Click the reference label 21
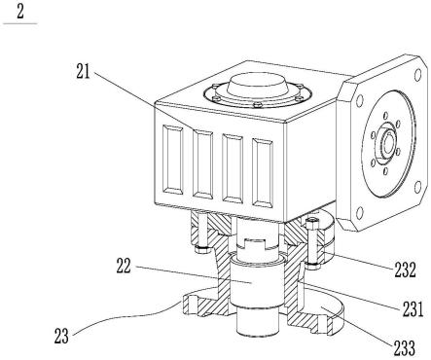coord(83,72)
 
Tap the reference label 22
coord(124,266)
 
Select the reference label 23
coord(61,336)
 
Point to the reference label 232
coord(405,269)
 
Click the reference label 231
coord(413,308)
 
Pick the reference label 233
coord(405,347)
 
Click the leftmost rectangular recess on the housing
coord(172,160)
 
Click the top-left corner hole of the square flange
coord(359,101)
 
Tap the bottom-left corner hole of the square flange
coord(359,212)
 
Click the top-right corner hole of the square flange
coord(417,75)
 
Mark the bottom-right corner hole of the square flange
coord(417,187)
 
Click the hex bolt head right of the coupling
coord(312,224)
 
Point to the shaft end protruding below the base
coord(255,323)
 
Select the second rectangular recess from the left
coord(203,164)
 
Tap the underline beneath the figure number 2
coord(20,23)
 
